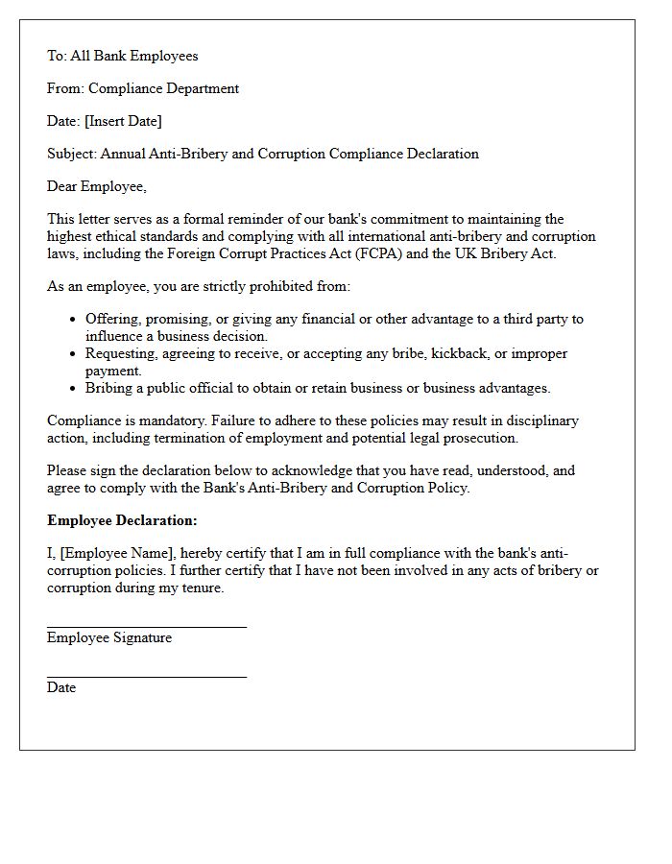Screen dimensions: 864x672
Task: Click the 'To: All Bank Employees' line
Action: click(x=122, y=56)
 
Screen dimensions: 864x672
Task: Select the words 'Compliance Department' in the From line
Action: click(x=163, y=88)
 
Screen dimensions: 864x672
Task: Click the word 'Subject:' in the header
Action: click(x=72, y=154)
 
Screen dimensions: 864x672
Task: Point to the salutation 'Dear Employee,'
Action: click(x=96, y=186)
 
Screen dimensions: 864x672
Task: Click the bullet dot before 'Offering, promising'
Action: click(x=74, y=320)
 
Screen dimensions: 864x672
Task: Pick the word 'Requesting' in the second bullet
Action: click(x=121, y=353)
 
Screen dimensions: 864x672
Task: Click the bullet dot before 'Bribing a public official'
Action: click(x=74, y=389)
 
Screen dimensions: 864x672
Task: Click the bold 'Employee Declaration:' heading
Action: click(x=122, y=520)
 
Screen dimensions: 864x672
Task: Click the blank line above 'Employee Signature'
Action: click(x=146, y=626)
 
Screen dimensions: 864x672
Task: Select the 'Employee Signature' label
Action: click(x=109, y=637)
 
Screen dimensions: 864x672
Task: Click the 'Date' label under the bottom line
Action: click(x=60, y=687)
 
